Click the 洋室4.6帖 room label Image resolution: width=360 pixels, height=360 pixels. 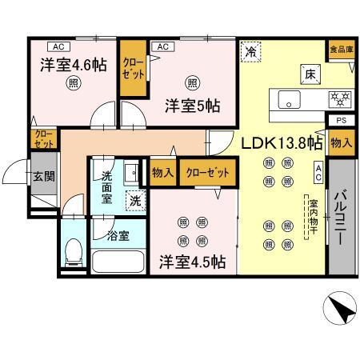[74, 65]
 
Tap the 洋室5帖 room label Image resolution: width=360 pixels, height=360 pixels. [193, 106]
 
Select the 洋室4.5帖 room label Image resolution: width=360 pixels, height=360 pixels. [193, 262]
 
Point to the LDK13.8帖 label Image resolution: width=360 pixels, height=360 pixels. [282, 143]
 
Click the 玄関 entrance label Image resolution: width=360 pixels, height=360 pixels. [44, 176]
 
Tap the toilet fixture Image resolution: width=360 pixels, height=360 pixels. [74, 252]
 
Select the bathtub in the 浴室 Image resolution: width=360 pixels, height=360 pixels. [118, 262]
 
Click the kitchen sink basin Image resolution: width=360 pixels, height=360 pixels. [289, 99]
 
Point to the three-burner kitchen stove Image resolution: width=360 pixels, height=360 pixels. [340, 99]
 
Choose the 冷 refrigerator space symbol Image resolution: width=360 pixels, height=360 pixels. [251, 51]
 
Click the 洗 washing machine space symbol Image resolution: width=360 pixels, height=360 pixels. [135, 201]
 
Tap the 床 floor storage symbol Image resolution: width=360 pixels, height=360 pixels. [310, 74]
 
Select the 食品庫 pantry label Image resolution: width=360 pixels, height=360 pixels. [342, 50]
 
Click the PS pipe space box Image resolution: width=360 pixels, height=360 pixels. [342, 120]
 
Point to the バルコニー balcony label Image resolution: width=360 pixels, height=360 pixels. [340, 217]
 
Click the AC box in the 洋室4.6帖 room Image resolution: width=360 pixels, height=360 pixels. [59, 46]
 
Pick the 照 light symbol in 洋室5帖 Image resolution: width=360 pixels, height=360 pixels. [193, 83]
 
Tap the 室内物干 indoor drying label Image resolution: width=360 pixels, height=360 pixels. [314, 217]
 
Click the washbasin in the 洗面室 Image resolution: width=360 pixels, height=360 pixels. [131, 173]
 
